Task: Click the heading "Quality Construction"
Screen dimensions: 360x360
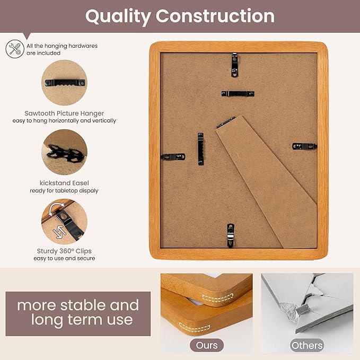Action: [180, 16]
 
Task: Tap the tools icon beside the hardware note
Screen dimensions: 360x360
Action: [15, 49]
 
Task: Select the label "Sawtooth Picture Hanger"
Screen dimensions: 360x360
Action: [64, 113]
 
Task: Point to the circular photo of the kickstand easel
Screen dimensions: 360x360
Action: [65, 152]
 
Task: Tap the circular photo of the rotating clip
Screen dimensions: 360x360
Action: [65, 221]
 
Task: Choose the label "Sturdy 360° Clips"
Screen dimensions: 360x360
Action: [64, 251]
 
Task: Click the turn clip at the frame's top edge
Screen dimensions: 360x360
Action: [234, 62]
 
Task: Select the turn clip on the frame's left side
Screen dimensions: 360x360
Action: [173, 157]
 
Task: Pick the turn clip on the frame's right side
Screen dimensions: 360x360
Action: [304, 146]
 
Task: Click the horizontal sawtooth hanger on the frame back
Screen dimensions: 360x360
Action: [238, 94]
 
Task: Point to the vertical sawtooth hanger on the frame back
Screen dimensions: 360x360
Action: [201, 148]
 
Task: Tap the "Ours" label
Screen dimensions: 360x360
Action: [207, 345]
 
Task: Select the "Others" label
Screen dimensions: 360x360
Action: [307, 345]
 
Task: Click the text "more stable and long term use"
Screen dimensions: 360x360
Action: [77, 312]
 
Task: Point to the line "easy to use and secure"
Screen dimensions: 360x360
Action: [64, 258]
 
